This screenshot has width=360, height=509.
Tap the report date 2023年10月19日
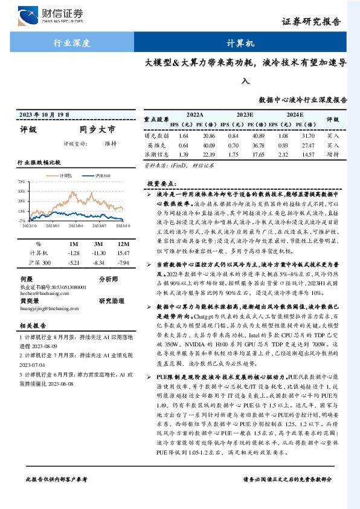pyautogui.click(x=44, y=114)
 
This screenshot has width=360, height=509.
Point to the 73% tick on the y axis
pyautogui.click(x=21, y=181)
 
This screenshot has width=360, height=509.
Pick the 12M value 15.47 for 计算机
pyautogui.click(x=123, y=252)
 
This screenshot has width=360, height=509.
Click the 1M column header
pyautogui.click(x=74, y=242)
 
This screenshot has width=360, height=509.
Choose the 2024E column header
pyautogui.click(x=294, y=114)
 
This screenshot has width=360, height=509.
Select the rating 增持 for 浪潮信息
pyautogui.click(x=333, y=155)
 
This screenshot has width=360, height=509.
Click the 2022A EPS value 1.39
pyautogui.click(x=184, y=155)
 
